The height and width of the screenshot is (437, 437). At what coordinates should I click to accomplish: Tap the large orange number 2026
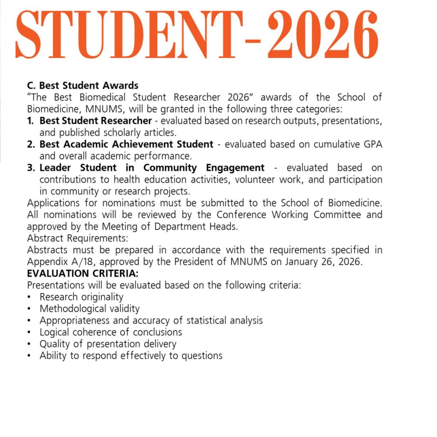pyautogui.click(x=323, y=34)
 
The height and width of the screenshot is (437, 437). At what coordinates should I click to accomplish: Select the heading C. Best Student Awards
pyautogui.click(x=83, y=86)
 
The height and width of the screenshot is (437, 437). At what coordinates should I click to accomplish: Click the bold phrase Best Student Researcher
pyautogui.click(x=96, y=121)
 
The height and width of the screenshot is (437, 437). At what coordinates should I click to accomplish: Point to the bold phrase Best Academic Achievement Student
pyautogui.click(x=126, y=144)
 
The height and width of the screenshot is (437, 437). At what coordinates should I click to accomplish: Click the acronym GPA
pyautogui.click(x=372, y=144)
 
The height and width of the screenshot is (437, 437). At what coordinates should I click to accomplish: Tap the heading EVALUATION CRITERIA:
pyautogui.click(x=83, y=273)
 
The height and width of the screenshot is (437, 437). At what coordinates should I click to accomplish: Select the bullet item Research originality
pyautogui.click(x=81, y=297)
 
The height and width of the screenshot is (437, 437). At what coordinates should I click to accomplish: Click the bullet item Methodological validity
pyautogui.click(x=90, y=308)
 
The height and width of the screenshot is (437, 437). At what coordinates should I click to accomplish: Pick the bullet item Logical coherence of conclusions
pyautogui.click(x=111, y=332)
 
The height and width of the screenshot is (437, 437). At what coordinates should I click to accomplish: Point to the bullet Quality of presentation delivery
pyautogui.click(x=108, y=344)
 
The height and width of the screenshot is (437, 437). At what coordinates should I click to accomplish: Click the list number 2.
pyautogui.click(x=31, y=144)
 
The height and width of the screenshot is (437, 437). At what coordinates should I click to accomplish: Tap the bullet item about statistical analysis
pyautogui.click(x=151, y=320)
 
